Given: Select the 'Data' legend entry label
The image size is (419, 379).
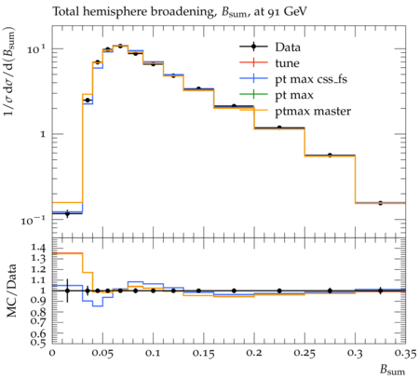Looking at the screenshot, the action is pos(288,47).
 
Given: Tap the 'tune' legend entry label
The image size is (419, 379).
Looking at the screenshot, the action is pos(287,63).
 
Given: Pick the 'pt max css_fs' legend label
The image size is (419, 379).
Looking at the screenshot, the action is pos(311,79).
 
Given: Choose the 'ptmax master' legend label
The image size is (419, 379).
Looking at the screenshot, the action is pos(313,112).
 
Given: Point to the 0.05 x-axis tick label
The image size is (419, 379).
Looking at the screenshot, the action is pos(102,353).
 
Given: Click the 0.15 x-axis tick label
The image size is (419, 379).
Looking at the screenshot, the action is pos(204,353).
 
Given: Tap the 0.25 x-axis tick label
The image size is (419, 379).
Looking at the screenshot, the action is pos(304,353).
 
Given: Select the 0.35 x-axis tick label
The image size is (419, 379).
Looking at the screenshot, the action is pos(405,353).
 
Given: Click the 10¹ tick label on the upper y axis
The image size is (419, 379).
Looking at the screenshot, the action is pos(36,48).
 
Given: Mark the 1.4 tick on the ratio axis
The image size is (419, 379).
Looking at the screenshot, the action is pos(38,248).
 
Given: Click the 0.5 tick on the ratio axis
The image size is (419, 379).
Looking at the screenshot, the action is pos(38,343).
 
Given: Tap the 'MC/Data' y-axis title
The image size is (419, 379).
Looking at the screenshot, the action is pos(11,291).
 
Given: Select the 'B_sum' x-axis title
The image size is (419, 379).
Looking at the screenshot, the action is pos(393,370).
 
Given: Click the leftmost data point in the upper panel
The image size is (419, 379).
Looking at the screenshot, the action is pos(67,213).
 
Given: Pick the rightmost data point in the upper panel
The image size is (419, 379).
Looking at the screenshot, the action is pos(380,203).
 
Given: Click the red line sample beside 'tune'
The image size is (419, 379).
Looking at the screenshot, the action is pos(253,62).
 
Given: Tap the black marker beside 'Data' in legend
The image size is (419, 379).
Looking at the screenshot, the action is pos(253,47).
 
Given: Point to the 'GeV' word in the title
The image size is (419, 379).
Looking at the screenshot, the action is pos(295,12).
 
